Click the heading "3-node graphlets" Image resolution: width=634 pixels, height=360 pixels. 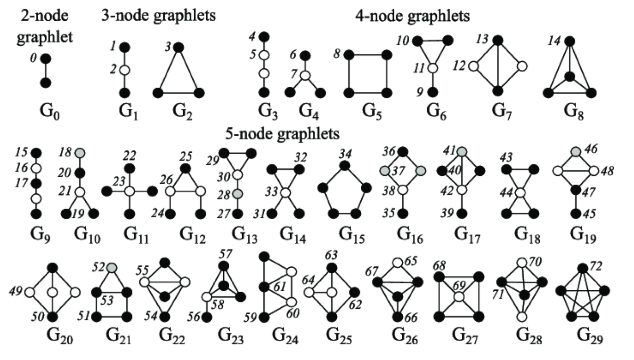[158, 15]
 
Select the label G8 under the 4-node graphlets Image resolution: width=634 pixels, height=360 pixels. [570, 112]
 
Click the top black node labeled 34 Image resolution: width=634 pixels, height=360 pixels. [345, 165]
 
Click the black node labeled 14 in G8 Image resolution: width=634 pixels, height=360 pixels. [569, 41]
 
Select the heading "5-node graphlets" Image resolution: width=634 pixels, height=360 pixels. [282, 134]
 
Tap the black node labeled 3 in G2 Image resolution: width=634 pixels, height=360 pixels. [179, 48]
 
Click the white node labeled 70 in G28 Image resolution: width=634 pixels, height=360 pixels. [521, 262]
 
